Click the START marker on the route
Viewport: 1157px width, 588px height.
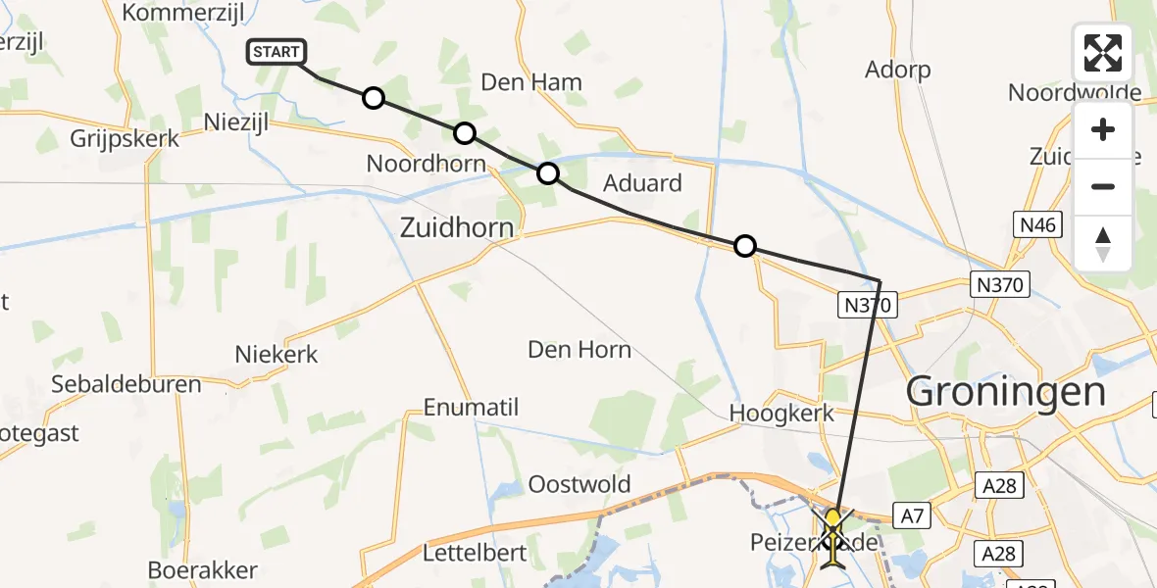[x=278, y=52]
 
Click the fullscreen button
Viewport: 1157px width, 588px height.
[x=1103, y=53]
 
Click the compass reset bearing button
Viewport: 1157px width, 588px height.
[x=1103, y=243]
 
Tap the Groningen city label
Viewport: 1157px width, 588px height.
[x=1006, y=392]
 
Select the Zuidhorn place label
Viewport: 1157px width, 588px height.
[x=457, y=228]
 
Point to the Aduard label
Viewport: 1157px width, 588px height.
[x=642, y=183]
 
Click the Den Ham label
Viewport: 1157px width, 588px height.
[x=531, y=82]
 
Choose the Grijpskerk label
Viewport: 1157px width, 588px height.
[x=125, y=138]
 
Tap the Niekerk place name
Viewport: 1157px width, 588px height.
[x=277, y=354]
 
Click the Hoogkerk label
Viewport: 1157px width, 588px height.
[x=781, y=413]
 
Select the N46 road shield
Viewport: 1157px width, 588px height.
[x=1036, y=225]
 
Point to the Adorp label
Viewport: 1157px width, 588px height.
[x=897, y=70]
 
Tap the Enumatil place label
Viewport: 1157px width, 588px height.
[x=471, y=408]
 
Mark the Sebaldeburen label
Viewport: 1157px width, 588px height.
[x=126, y=383]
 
